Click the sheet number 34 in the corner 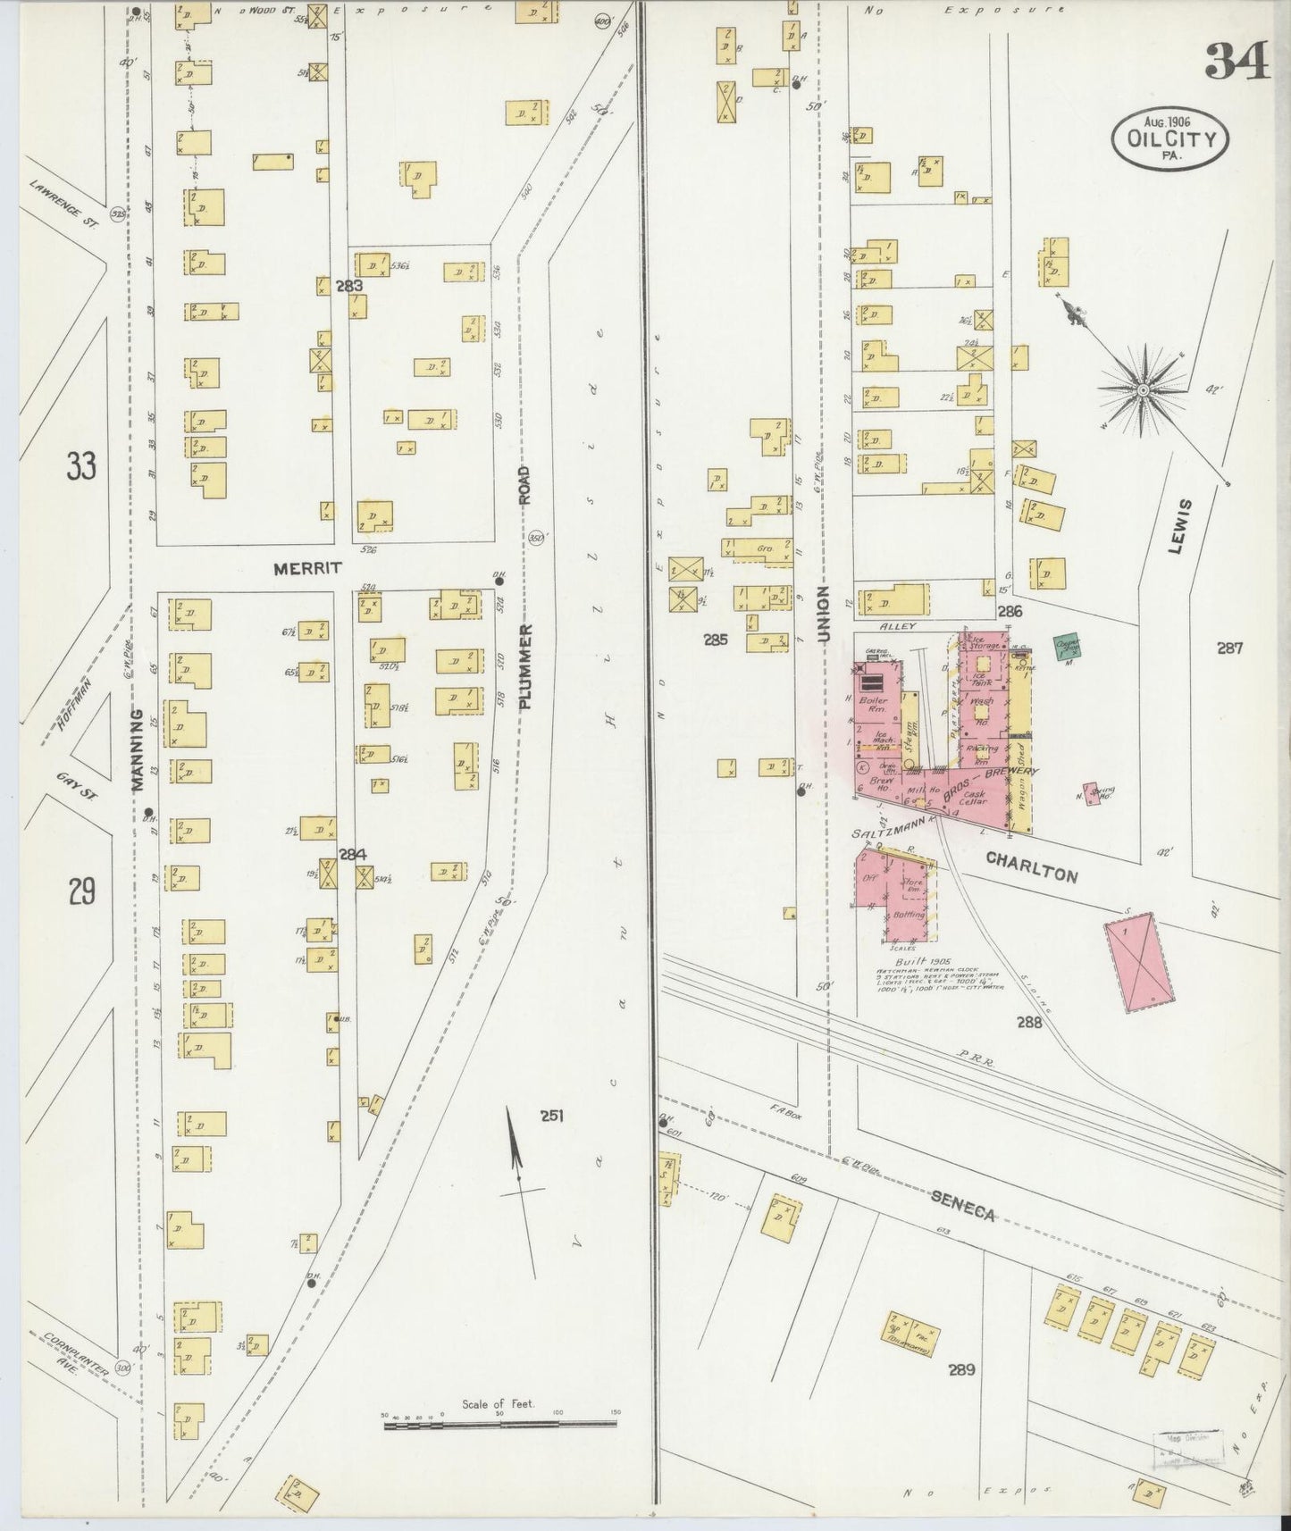pyautogui.click(x=1237, y=60)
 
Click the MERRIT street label pyautogui.click(x=307, y=568)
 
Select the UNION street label pyautogui.click(x=823, y=615)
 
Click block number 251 pyautogui.click(x=551, y=1115)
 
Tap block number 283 pyautogui.click(x=348, y=286)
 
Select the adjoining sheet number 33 pyautogui.click(x=80, y=465)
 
